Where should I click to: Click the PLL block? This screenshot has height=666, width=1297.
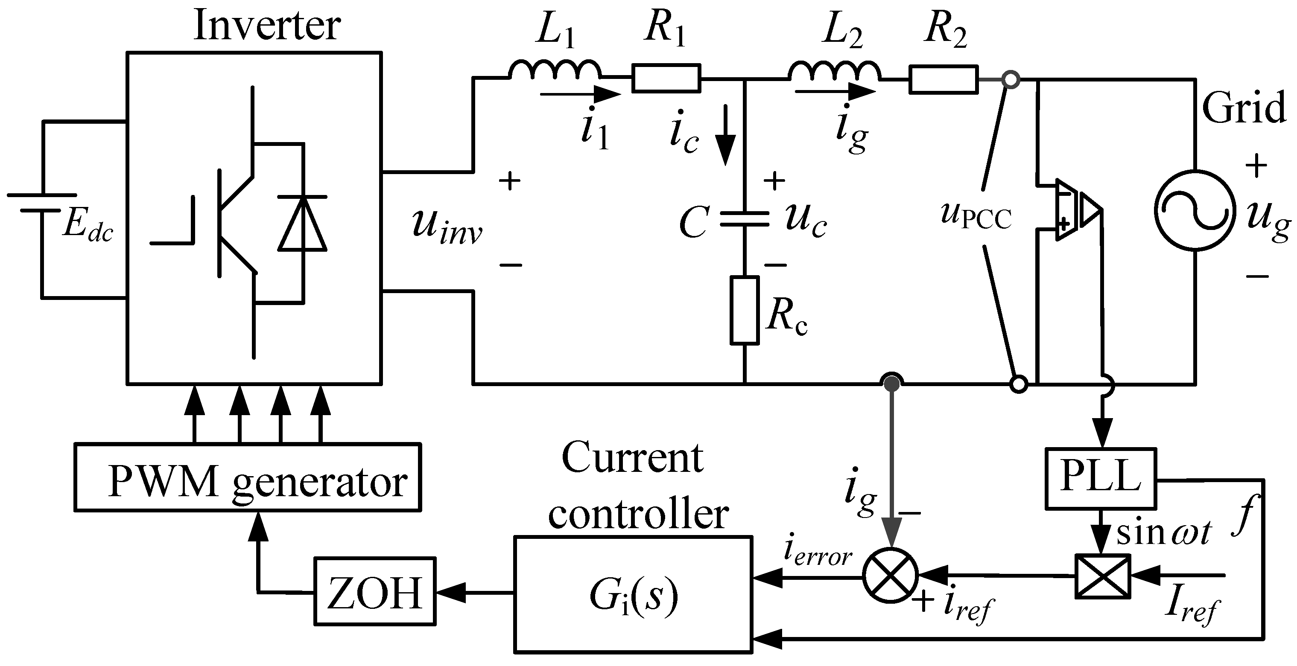click(1101, 478)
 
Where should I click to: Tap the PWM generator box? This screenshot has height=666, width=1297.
click(247, 477)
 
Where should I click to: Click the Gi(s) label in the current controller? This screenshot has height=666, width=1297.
click(634, 596)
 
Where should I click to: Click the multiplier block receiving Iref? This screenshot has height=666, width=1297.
click(1103, 576)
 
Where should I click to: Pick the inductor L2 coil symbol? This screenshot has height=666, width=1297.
click(834, 71)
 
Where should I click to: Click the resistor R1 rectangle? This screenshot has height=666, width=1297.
click(666, 78)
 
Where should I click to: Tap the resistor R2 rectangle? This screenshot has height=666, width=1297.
click(944, 79)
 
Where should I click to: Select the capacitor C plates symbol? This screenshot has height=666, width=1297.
click(744, 220)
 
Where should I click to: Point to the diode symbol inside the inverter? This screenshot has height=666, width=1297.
click(302, 224)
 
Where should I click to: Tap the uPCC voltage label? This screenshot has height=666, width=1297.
click(975, 216)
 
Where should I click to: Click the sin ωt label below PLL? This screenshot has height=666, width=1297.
click(1163, 534)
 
